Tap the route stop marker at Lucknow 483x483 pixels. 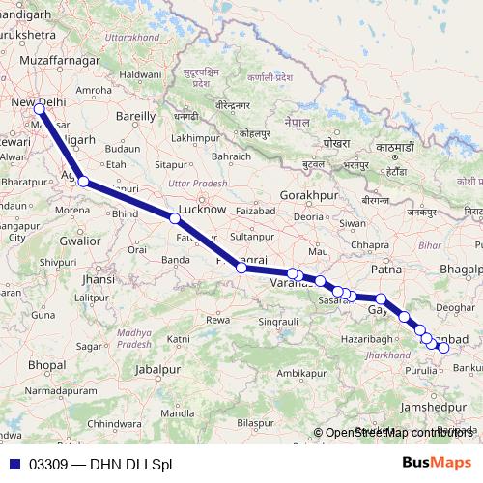point(175,219)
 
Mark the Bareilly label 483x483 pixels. point(135,115)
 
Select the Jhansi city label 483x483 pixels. point(99,278)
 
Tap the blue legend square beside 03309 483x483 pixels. point(14,463)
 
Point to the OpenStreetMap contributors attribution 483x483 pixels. point(399,433)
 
